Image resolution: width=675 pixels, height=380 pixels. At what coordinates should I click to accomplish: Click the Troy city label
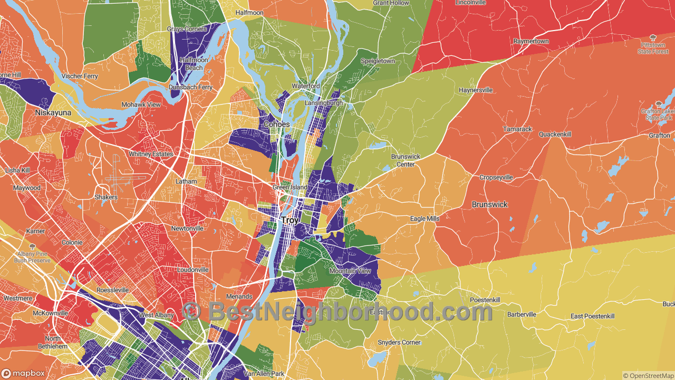tap(290, 220)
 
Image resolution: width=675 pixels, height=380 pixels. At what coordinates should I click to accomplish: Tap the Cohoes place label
tap(277, 125)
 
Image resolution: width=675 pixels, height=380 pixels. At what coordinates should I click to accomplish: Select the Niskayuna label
tap(53, 112)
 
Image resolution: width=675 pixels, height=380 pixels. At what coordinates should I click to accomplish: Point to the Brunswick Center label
tap(406, 160)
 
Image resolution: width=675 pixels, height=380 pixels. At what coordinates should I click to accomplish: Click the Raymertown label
tap(531, 41)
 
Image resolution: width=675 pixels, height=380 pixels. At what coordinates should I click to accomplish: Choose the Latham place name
tap(186, 182)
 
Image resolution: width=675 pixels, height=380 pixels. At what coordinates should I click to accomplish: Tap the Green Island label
tap(290, 187)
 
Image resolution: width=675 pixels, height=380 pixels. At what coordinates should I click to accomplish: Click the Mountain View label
tap(350, 271)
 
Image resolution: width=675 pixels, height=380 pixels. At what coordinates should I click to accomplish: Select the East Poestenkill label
tap(592, 316)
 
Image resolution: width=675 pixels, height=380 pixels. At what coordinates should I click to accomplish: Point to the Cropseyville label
tap(496, 177)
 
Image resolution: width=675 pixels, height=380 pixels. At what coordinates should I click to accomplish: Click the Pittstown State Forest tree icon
tap(653, 37)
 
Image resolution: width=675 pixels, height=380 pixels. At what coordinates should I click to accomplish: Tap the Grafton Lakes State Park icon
tap(659, 104)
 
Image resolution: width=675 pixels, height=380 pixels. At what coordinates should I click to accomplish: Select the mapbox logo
tap(23, 373)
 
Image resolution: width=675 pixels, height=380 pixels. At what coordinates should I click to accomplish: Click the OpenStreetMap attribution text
tap(648, 376)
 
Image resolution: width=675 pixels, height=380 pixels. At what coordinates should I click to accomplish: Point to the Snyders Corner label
tap(399, 343)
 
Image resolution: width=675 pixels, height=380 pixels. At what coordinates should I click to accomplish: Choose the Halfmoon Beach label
tap(194, 64)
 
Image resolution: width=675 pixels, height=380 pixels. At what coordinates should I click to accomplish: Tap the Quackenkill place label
tap(555, 135)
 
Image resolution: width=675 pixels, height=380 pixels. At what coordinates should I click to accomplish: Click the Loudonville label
tap(192, 270)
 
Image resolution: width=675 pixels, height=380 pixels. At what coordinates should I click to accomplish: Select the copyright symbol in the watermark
tap(192, 311)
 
